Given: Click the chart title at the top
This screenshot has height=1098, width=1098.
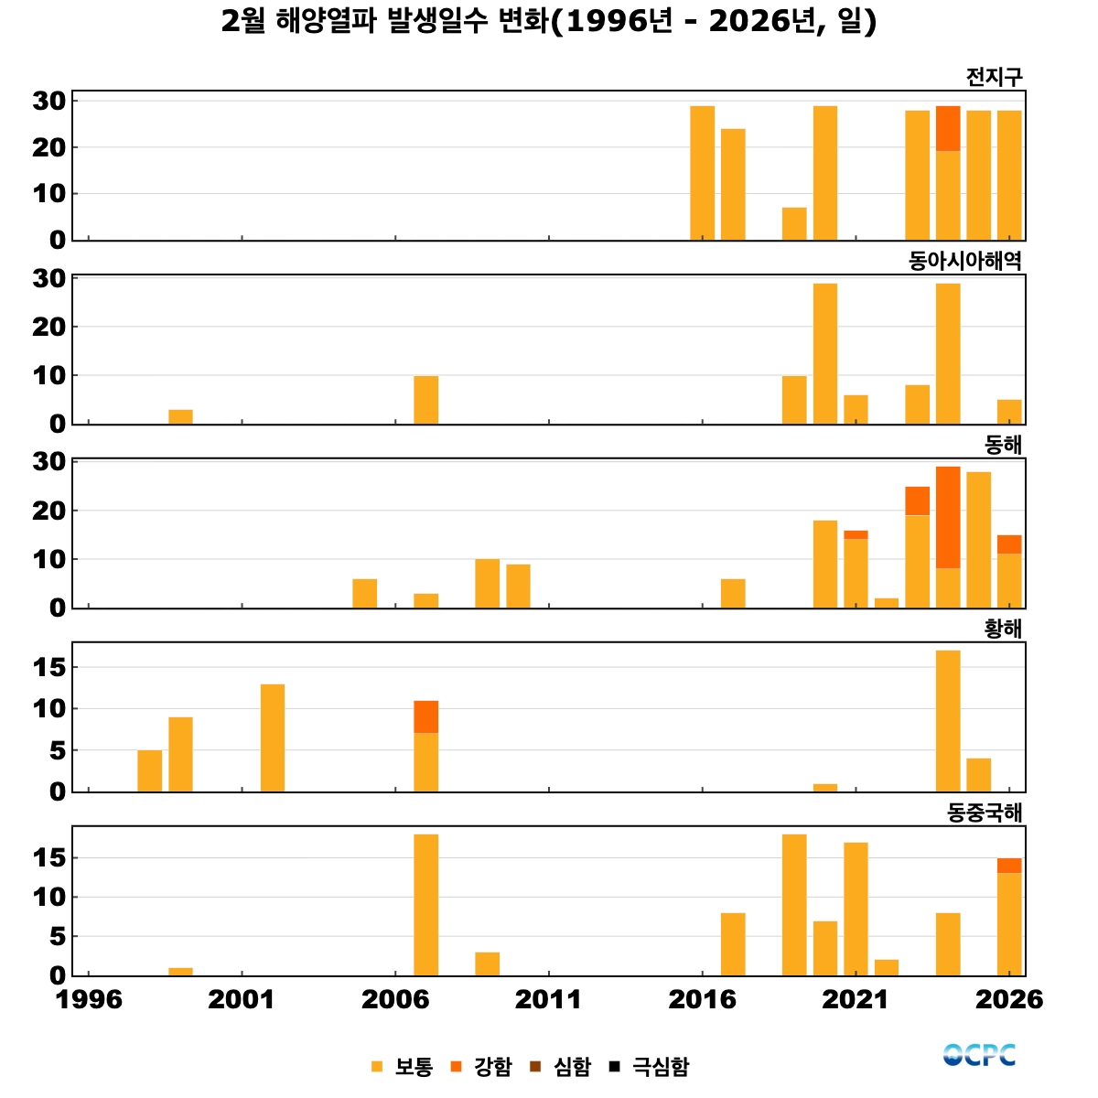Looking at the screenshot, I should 549,21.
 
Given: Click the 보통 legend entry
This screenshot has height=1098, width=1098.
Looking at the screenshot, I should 403,1066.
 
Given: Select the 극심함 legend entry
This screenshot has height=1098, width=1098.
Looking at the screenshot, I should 651,1066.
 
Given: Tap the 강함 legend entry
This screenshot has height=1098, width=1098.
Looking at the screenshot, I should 482,1066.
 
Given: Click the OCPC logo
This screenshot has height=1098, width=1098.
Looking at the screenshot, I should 979,1055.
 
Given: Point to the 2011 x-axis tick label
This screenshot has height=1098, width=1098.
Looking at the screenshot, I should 548,999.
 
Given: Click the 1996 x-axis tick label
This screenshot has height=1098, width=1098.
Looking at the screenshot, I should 89,999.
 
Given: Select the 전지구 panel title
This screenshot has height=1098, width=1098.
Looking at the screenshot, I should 994,78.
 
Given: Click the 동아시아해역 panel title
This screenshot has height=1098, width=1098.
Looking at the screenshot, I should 964,262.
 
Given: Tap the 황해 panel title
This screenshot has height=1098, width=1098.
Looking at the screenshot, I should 1003,629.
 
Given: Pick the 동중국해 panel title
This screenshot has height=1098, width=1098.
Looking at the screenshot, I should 985,813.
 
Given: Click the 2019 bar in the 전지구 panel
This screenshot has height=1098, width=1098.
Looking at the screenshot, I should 794,224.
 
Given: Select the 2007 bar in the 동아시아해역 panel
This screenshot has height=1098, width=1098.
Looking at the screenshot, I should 425,400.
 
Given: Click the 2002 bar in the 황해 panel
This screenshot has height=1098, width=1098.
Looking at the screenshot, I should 273,737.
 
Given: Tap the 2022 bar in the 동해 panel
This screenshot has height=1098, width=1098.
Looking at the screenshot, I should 887,602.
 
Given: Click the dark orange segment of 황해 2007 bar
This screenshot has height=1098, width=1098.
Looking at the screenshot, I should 425,716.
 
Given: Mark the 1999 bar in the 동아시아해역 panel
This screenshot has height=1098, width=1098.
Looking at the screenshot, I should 180,416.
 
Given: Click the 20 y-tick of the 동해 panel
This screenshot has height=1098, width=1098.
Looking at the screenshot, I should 49,511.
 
